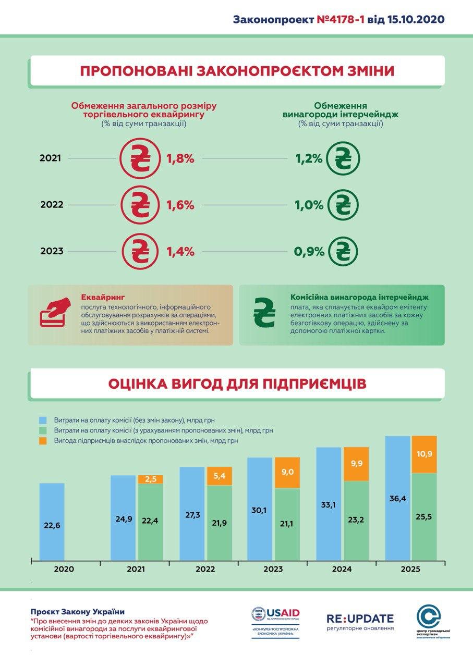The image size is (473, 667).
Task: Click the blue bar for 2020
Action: click(x=52, y=521)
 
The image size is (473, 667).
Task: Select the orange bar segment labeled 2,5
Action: click(x=151, y=479)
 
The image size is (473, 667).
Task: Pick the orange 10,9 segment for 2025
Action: click(x=425, y=454)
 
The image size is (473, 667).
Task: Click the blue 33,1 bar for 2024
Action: click(x=329, y=503)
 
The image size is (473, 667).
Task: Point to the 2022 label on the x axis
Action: click(x=205, y=569)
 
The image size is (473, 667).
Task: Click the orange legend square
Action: click(x=43, y=441)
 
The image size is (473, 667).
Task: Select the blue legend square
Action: click(x=43, y=420)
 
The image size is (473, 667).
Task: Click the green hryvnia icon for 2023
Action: click(x=343, y=252)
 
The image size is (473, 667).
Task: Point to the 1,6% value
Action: click(x=180, y=205)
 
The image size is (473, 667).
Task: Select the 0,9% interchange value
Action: click(x=308, y=252)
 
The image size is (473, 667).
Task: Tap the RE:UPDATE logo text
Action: click(x=360, y=619)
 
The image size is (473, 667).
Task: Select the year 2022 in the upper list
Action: click(x=52, y=205)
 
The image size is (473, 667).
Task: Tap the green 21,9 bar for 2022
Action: click(x=220, y=523)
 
